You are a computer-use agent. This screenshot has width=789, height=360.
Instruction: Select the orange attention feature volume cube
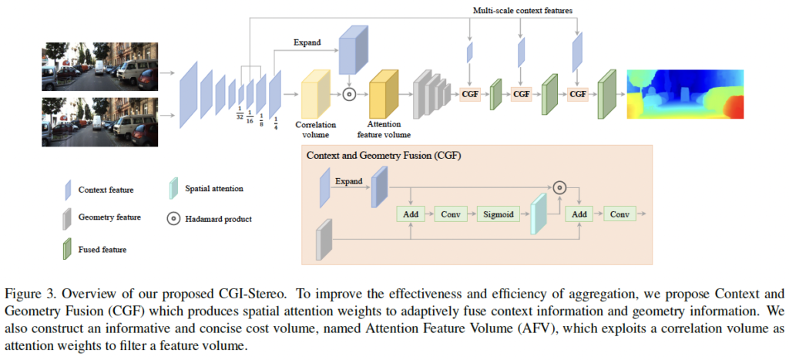[383, 93]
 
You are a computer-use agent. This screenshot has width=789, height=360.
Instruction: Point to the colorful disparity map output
[686, 93]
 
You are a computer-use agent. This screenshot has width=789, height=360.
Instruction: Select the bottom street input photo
[99, 122]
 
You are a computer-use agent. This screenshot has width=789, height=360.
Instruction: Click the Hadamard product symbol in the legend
[174, 219]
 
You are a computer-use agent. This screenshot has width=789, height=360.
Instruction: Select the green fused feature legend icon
[67, 249]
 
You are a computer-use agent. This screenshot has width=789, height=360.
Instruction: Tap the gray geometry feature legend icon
[67, 218]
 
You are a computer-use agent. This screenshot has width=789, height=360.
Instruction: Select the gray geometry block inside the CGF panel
[324, 240]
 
